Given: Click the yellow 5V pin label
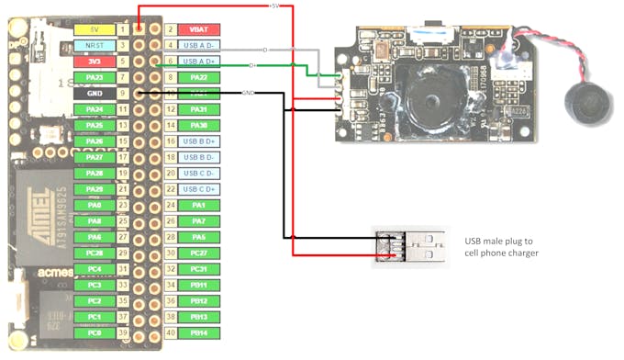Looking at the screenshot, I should pos(95,29).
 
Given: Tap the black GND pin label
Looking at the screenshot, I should pos(95,93).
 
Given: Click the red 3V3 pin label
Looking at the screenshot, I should pos(95,62).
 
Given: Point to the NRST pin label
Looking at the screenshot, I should pos(95,45).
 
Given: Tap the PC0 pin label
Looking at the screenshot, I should pos(95,332).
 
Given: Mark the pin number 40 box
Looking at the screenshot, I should pos(170,332).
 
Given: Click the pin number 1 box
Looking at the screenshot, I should pos(123,29).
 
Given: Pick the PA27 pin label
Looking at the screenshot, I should pos(95,157).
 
